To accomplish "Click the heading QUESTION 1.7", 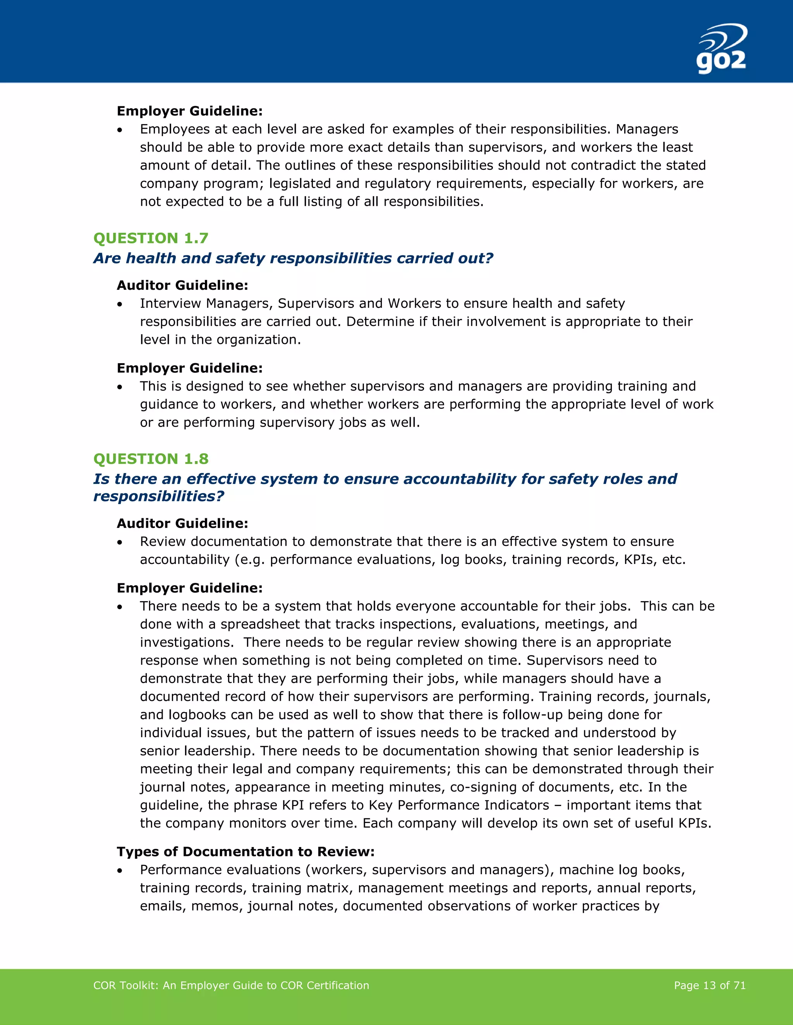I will pyautogui.click(x=150, y=238).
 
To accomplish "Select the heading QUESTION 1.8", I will pyautogui.click(x=150, y=459).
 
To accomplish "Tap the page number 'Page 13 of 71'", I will pyautogui.click(x=709, y=986).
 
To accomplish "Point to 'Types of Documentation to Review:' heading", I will pyautogui.click(x=245, y=852).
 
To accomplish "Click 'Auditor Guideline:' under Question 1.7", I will pyautogui.click(x=182, y=285).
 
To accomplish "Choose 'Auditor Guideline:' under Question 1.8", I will pyautogui.click(x=182, y=523).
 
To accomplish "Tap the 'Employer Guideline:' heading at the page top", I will pyautogui.click(x=189, y=111).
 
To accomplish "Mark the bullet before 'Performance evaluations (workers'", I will pyautogui.click(x=120, y=871).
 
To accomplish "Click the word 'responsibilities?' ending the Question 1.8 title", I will pyautogui.click(x=159, y=497).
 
